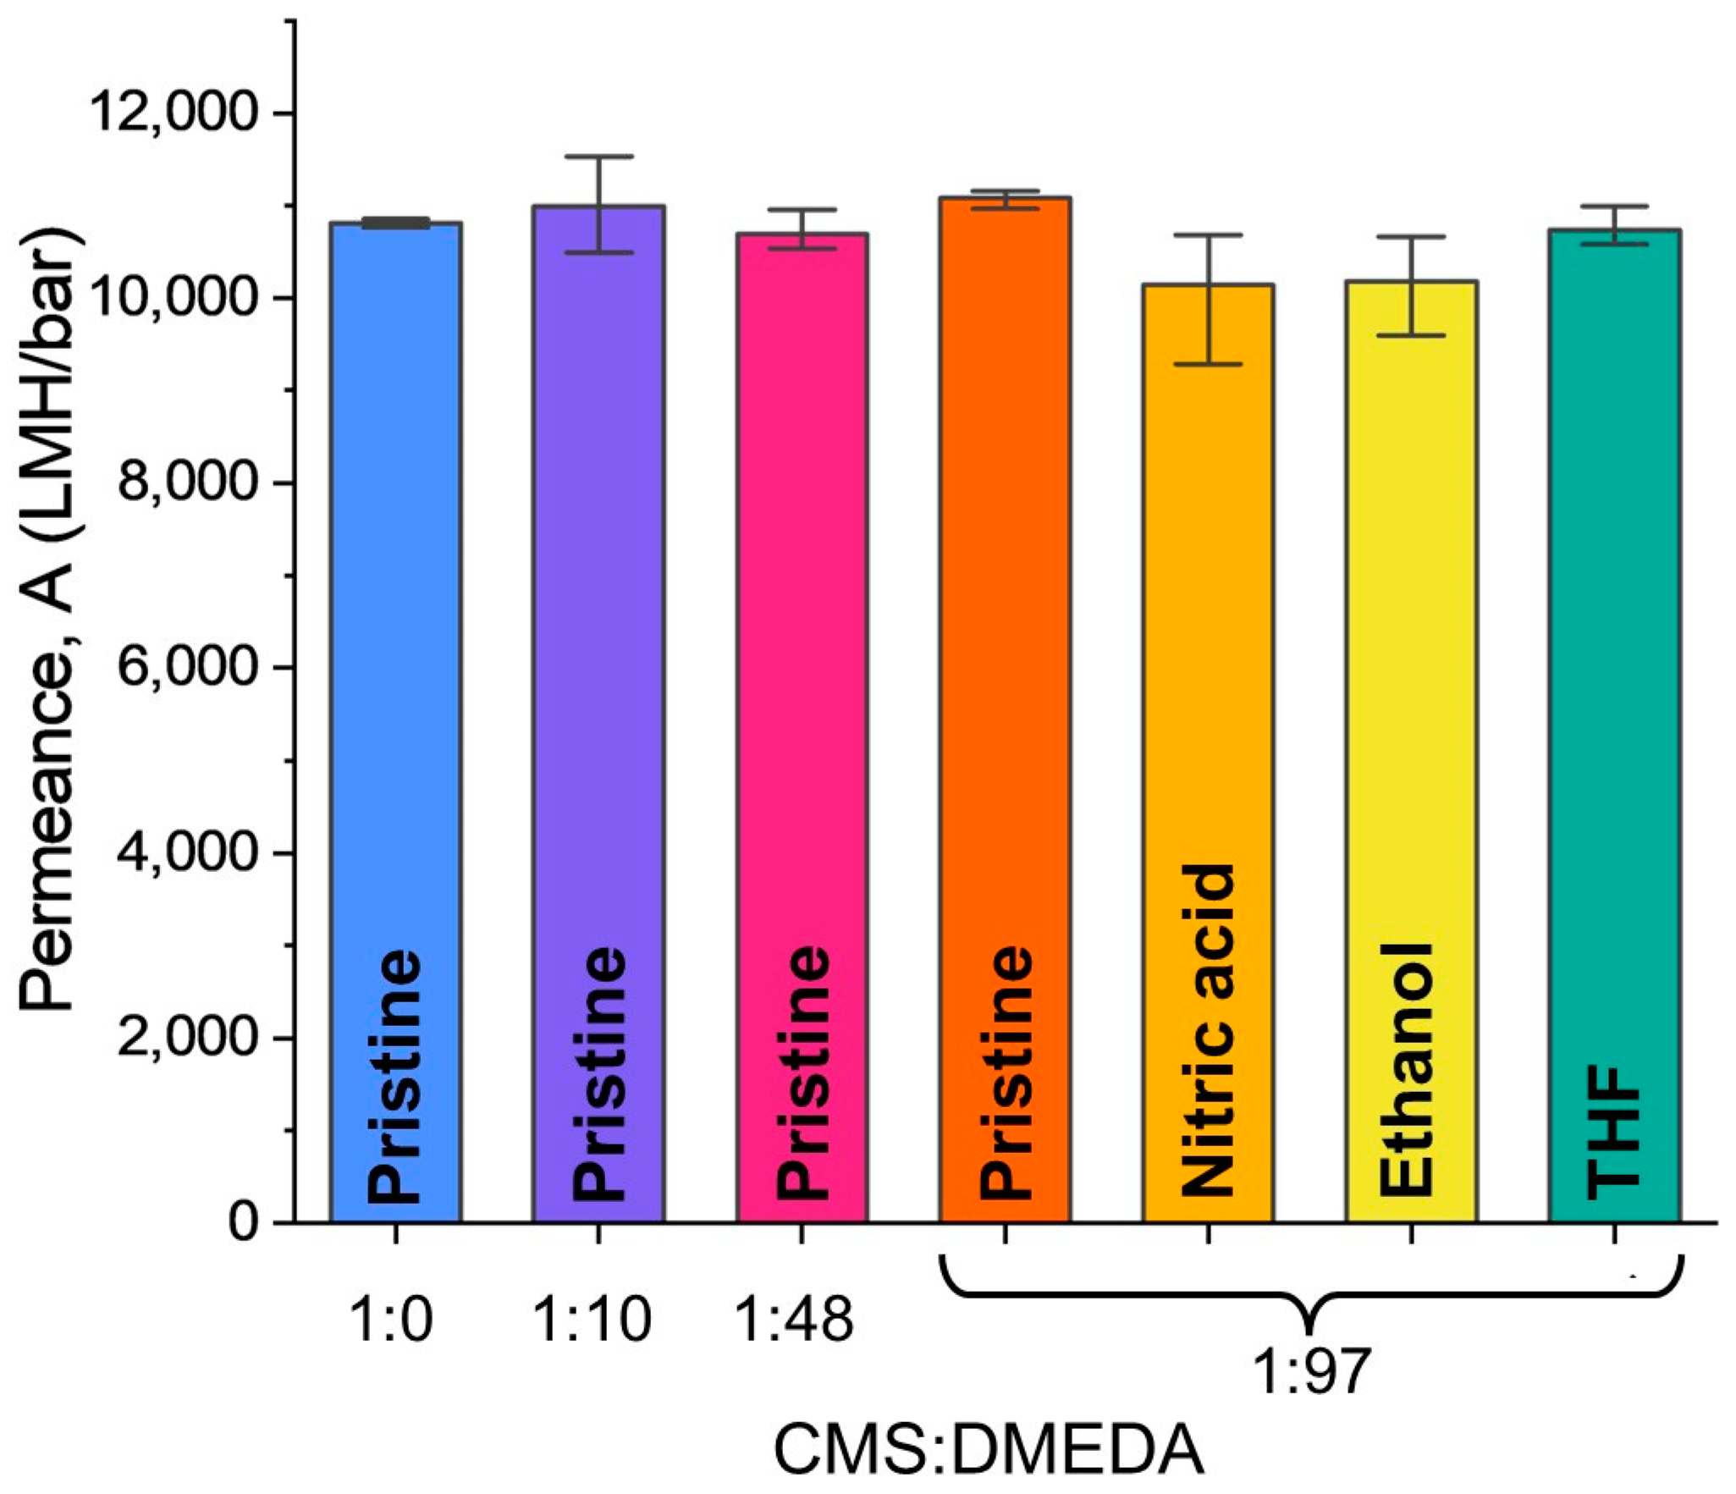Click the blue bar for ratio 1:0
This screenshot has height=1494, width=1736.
pos(395,677)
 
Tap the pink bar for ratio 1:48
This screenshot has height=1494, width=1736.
pos(802,677)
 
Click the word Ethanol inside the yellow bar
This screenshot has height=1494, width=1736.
pos(1406,1070)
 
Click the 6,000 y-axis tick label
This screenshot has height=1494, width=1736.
pos(186,668)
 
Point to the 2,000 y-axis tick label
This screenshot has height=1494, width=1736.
pos(186,1038)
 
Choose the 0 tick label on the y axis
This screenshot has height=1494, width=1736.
pos(243,1222)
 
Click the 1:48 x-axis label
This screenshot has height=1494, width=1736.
pos(794,1320)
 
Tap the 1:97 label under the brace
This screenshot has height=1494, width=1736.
pos(1309,1396)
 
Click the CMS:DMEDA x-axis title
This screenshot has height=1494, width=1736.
pos(989,1451)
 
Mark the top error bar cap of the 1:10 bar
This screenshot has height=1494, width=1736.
pos(599,157)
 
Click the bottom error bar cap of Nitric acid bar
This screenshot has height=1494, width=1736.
pos(1208,364)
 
